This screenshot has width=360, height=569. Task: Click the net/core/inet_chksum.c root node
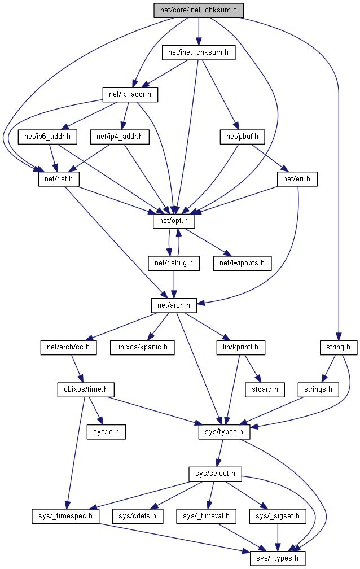[198, 10]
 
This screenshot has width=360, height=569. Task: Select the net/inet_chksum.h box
[198, 52]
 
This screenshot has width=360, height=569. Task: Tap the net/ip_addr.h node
[129, 94]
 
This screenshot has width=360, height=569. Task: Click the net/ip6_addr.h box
[47, 136]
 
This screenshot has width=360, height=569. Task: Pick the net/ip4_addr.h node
[120, 136]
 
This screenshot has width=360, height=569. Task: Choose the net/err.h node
[297, 179]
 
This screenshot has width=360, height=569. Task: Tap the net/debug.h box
[174, 262]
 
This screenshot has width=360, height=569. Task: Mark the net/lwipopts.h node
[242, 262]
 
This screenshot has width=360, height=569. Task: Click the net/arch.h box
[174, 305]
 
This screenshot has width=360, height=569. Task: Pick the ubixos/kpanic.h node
[142, 347]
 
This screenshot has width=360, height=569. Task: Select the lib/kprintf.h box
[241, 347]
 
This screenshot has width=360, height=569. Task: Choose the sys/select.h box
[215, 474]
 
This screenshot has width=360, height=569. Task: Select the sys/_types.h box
[278, 558]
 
